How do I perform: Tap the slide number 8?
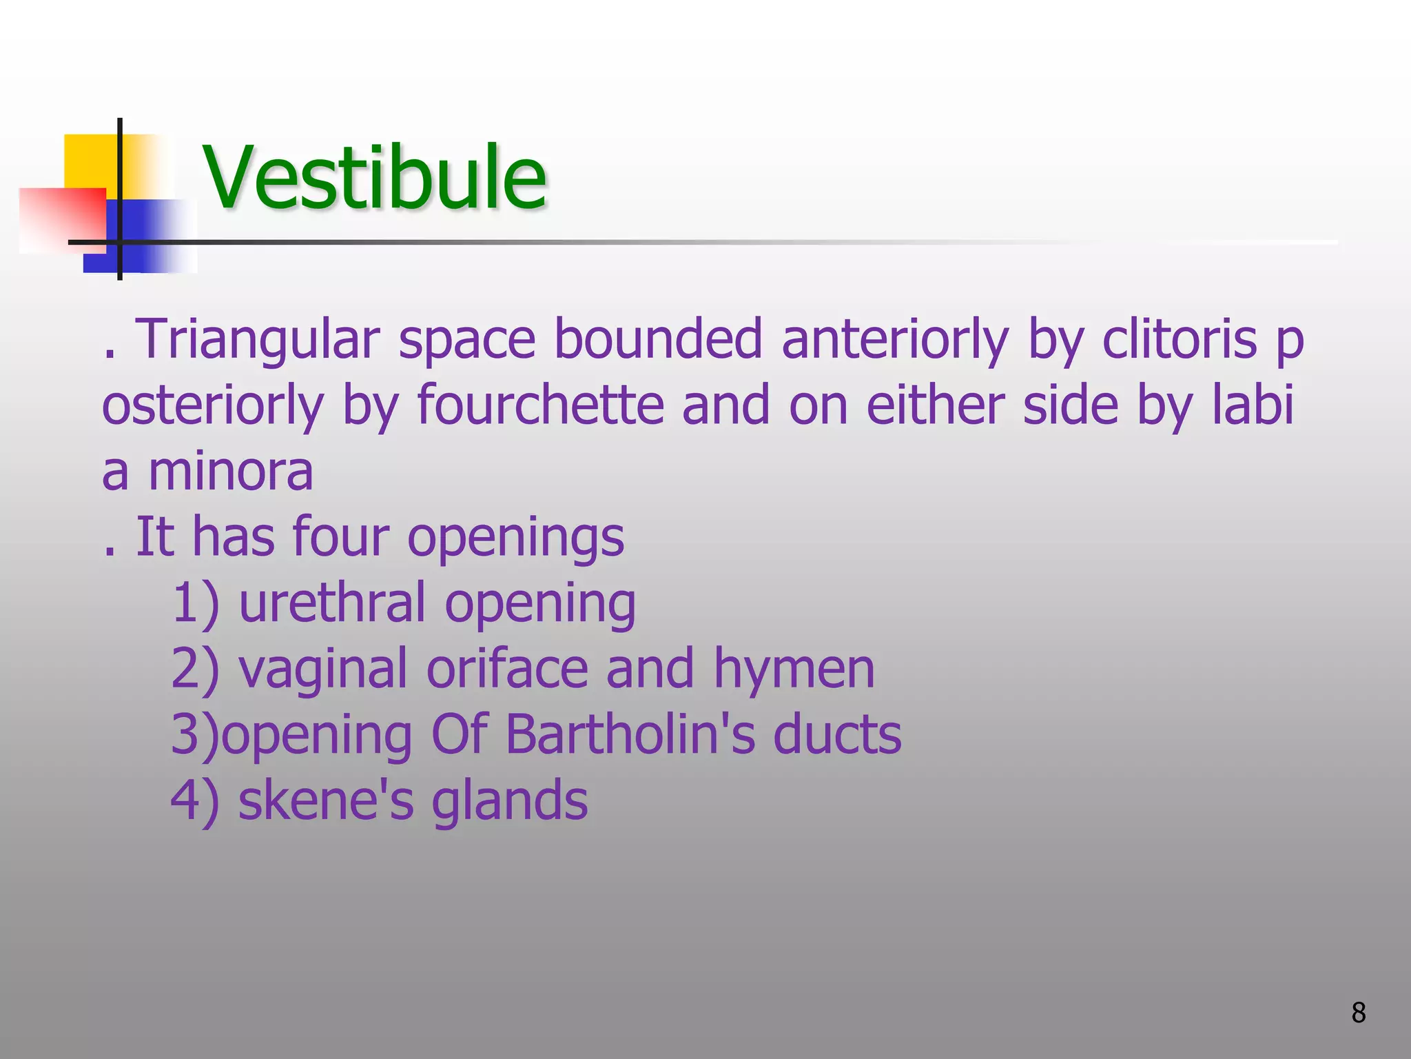pos(1358,1013)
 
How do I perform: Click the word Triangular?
pos(260,340)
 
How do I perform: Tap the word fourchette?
pos(540,405)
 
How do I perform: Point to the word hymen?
pos(794,669)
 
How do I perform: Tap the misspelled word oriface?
pos(507,669)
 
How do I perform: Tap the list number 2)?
pos(195,669)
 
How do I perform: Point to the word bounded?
pos(658,340)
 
